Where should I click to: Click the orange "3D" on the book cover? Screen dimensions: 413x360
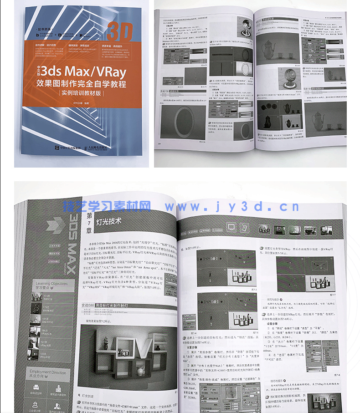click(x=120, y=31)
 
